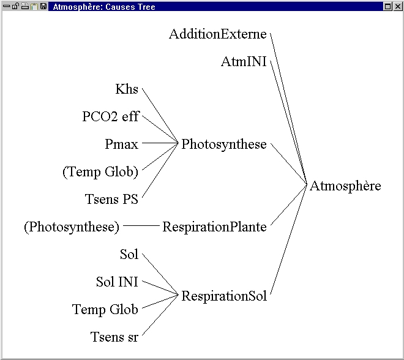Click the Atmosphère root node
(345, 186)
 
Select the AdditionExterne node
(218, 34)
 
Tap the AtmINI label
(244, 62)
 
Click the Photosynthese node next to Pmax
(224, 144)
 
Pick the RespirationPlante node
(214, 227)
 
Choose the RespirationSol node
(224, 296)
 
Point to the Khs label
(127, 89)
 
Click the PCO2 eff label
(110, 117)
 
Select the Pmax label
(121, 144)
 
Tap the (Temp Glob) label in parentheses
(100, 172)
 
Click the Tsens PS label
(111, 200)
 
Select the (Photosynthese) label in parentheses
(72, 227)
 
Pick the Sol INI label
(117, 282)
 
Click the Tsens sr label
(114, 337)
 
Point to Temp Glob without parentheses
(105, 310)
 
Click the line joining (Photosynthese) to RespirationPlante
(141, 226)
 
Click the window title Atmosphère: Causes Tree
(105, 7)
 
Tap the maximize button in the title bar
(387, 7)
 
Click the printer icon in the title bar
(25, 7)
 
